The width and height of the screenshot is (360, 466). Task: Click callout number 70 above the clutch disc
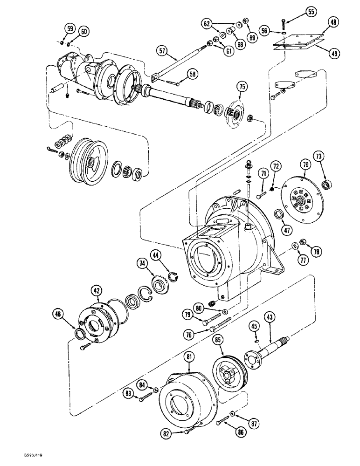point(305,164)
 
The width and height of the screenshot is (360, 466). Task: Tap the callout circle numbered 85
point(217,341)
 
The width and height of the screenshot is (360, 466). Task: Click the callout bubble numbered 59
point(69,29)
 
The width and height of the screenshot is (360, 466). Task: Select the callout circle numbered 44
point(156,255)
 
